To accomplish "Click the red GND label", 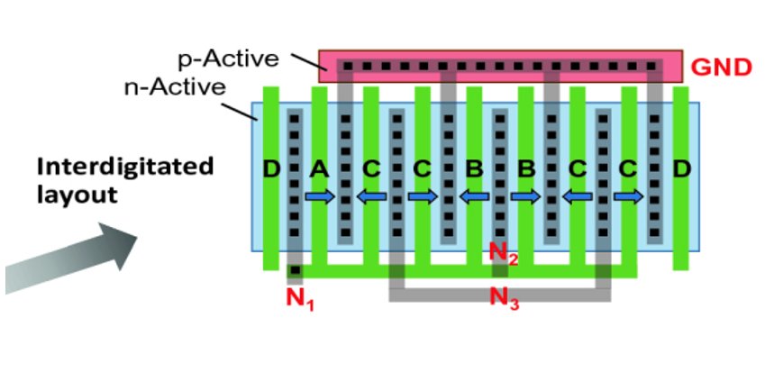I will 721,68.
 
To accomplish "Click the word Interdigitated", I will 126,167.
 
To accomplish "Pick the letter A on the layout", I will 317,168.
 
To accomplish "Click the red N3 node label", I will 504,297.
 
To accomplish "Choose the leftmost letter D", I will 269,168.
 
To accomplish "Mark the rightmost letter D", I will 682,168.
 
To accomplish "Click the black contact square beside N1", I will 294,268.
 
